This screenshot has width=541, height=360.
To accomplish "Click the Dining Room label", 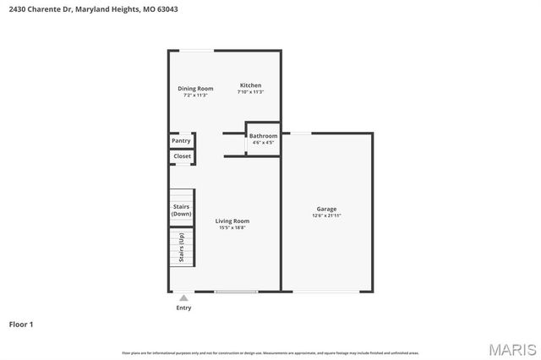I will click(195, 89).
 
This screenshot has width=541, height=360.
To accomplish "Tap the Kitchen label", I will click(250, 85).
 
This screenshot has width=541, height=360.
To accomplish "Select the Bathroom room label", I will click(263, 136).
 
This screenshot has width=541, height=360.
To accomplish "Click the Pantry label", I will click(182, 140).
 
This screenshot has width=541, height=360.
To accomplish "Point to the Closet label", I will click(182, 156).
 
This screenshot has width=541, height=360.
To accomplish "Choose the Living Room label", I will click(232, 221).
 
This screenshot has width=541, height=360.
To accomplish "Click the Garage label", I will click(326, 209).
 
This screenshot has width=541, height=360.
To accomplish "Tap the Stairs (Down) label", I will click(182, 210).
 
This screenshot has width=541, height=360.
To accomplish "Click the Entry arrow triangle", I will click(183, 297).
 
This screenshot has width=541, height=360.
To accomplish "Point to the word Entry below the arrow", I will click(183, 308).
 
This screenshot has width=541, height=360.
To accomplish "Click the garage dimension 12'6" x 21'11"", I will click(326, 216).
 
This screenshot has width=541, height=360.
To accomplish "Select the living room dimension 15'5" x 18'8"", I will click(232, 228).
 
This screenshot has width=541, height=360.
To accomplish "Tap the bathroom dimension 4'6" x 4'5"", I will click(263, 143).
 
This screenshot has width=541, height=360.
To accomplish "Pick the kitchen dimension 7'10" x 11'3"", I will click(250, 92).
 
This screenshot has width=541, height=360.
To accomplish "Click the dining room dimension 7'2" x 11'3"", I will click(195, 95).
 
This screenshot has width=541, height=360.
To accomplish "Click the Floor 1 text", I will click(21, 324).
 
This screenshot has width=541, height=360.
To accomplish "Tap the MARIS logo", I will click(511, 349).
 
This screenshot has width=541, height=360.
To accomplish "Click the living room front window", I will click(236, 292).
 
